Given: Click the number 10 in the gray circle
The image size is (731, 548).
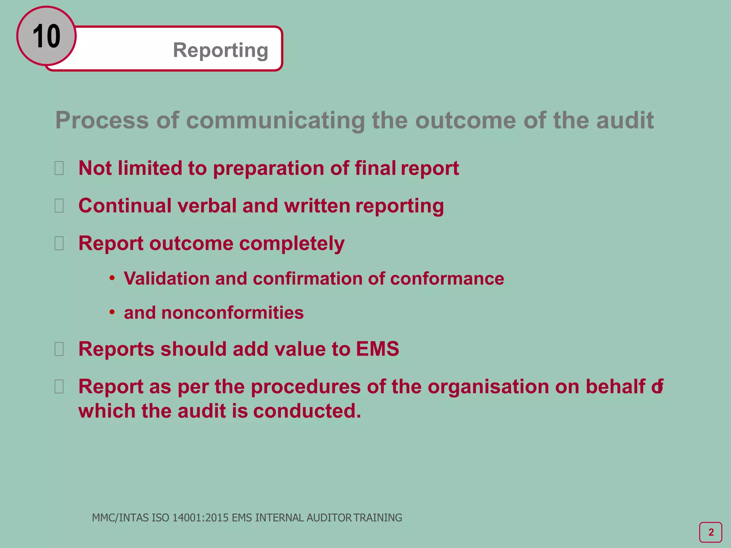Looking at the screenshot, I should click(x=46, y=36).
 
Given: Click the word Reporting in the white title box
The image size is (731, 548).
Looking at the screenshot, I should click(x=221, y=50).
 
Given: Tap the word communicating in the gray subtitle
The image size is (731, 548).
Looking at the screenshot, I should click(x=275, y=120).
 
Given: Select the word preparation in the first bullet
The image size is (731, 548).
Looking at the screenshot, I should click(x=268, y=168).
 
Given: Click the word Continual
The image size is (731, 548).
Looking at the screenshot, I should click(x=125, y=206).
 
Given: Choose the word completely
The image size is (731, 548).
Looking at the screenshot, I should click(x=292, y=244).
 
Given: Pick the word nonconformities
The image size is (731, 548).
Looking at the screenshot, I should click(x=232, y=313).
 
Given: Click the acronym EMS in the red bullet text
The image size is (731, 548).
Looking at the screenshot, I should click(x=377, y=349).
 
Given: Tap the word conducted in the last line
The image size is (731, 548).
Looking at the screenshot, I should click(x=307, y=411).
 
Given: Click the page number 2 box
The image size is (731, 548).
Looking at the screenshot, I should click(x=711, y=532).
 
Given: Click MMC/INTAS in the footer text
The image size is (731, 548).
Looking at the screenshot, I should click(x=121, y=518).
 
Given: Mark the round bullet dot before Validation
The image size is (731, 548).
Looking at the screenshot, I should click(x=112, y=278).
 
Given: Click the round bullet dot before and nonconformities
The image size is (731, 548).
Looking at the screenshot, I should click(x=112, y=312).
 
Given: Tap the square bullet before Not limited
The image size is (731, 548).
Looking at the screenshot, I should click(x=59, y=168).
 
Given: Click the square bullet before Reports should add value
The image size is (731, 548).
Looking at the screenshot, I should click(x=59, y=349).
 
